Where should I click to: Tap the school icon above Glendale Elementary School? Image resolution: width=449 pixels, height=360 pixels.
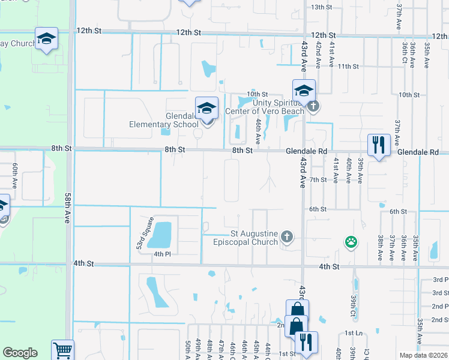(206, 109)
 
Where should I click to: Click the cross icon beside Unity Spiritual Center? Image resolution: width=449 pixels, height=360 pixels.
(313, 107)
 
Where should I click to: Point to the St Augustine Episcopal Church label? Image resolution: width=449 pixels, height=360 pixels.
(246, 238)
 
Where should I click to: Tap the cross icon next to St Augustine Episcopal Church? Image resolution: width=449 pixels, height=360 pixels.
(287, 237)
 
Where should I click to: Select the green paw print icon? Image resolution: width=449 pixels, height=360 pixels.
(351, 242)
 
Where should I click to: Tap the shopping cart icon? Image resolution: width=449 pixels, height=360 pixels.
(62, 350)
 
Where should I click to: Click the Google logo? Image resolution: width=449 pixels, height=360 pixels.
(20, 353)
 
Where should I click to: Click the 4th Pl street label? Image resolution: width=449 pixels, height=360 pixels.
(162, 254)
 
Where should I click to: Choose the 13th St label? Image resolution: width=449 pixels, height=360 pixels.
(322, 7)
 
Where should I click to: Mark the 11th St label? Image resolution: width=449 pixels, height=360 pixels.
(348, 66)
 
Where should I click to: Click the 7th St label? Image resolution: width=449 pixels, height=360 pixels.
(318, 179)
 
